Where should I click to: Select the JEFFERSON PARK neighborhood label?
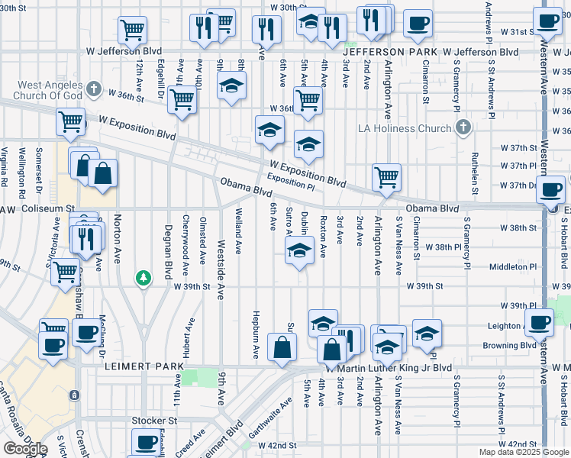point(397,52)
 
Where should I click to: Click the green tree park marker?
point(142,277)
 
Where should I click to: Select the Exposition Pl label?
point(291,182)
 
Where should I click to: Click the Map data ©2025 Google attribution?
point(523,452)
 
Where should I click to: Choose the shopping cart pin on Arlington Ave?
point(387,178)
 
